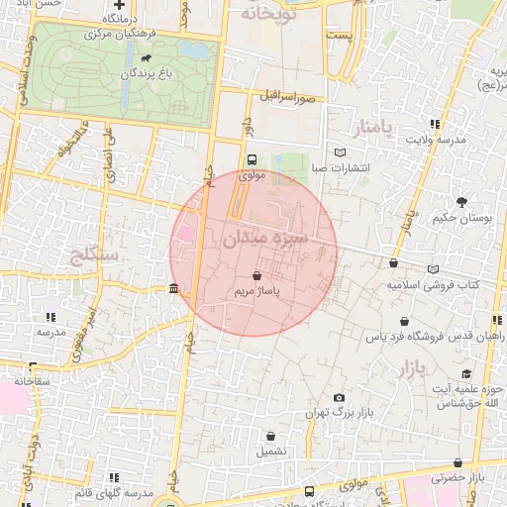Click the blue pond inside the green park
click(x=194, y=49)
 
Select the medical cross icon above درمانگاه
click(x=120, y=7)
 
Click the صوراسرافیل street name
click(x=287, y=97)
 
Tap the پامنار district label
click(x=372, y=127)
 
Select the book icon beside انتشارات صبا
click(x=341, y=152)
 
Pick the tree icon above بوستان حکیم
click(x=461, y=202)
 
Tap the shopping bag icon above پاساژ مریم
click(x=257, y=277)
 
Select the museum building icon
click(x=174, y=289)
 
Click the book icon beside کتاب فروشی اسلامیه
click(x=434, y=269)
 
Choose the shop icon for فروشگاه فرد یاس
click(x=405, y=322)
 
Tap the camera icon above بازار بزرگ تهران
click(x=342, y=397)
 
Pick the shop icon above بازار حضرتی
click(x=457, y=462)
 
